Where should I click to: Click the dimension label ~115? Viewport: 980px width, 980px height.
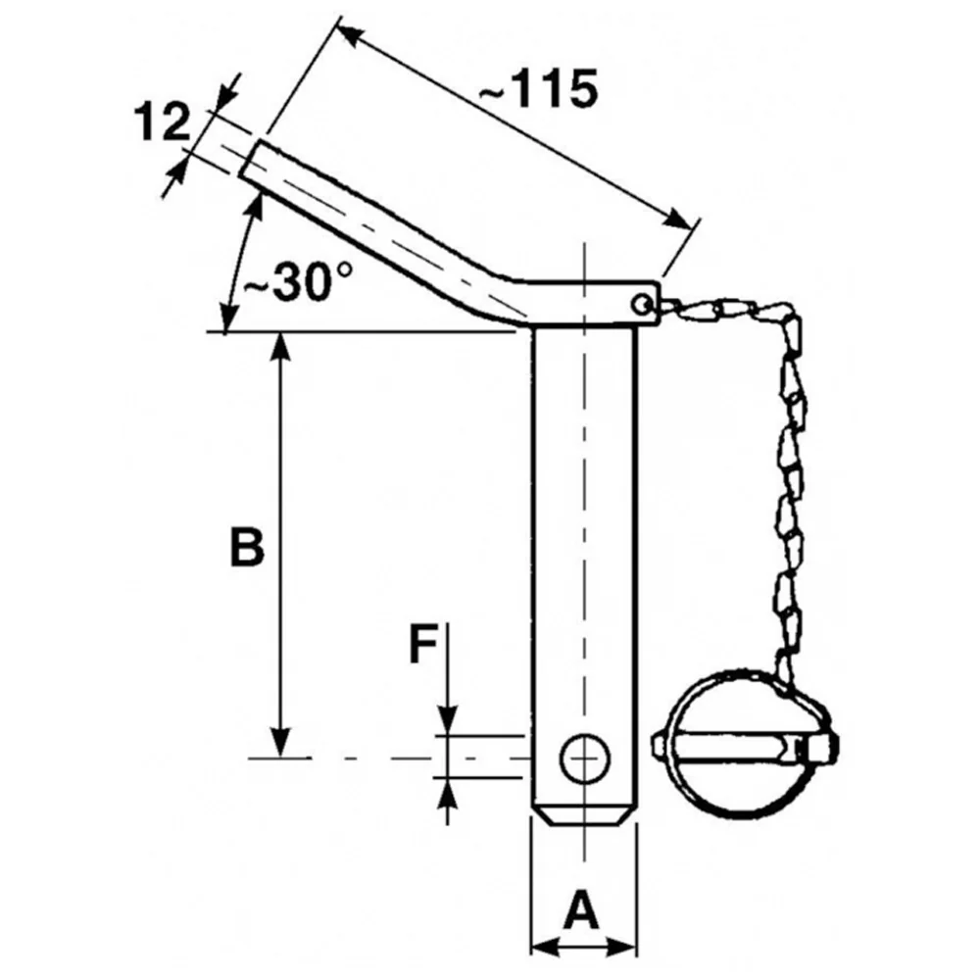(538, 89)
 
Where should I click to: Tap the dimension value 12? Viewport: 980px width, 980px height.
(162, 122)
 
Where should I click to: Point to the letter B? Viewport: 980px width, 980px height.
(247, 547)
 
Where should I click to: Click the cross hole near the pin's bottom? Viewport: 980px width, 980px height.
(585, 758)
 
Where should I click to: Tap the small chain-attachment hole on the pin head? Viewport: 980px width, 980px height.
(641, 305)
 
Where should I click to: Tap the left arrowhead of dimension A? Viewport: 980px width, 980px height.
(544, 947)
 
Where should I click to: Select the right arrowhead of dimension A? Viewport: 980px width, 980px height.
(622, 947)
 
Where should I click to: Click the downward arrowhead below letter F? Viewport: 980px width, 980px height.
(448, 720)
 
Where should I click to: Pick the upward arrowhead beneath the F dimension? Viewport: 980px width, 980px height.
(448, 794)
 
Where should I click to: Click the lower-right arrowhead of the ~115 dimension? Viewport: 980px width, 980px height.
(679, 219)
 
